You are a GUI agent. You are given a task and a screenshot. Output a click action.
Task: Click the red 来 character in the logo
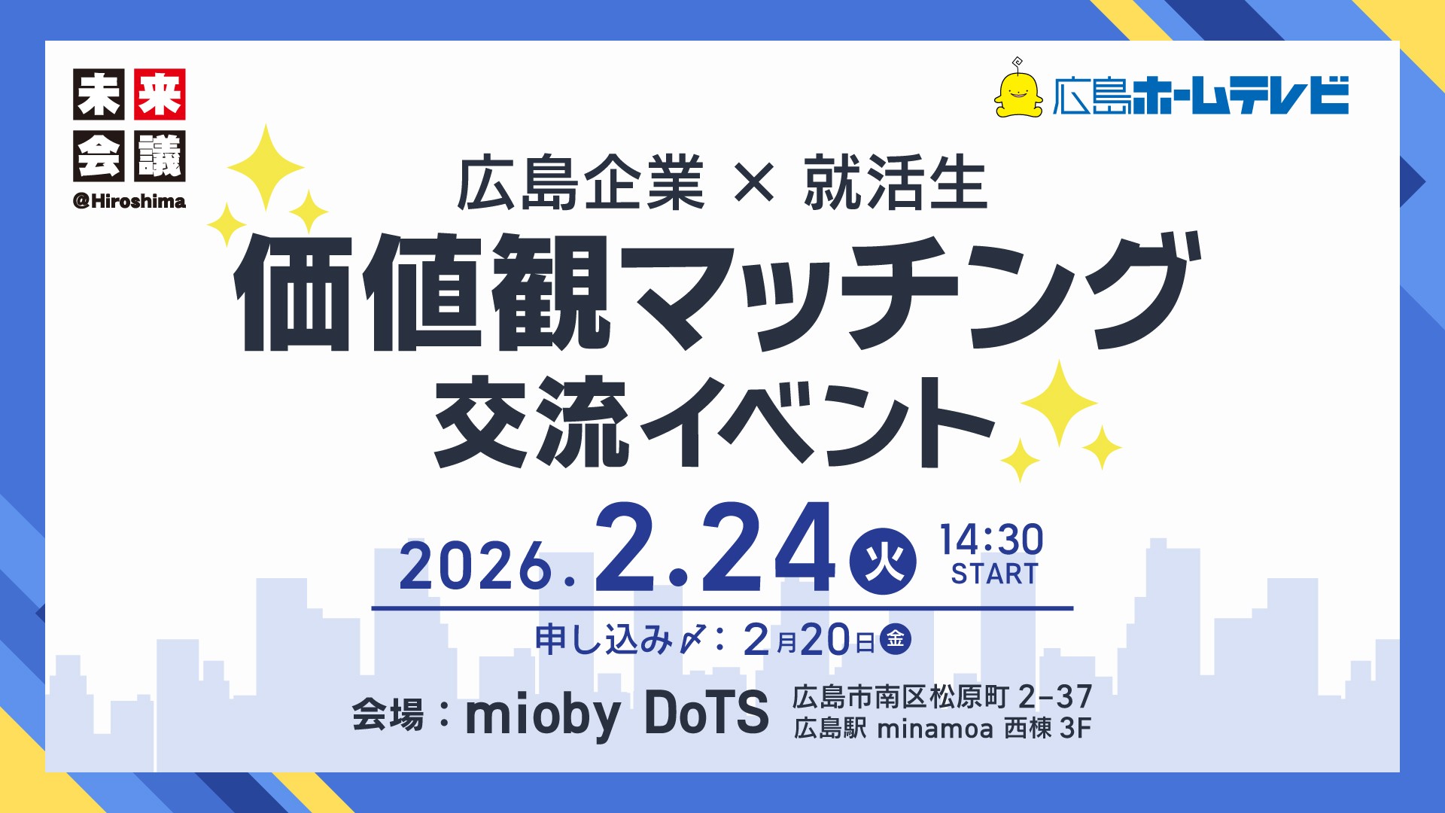tap(160, 95)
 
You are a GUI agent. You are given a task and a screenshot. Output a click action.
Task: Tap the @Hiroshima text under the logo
tap(129, 201)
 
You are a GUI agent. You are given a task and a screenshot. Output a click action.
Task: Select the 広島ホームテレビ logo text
tap(1200, 96)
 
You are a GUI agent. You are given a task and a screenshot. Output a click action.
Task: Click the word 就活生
tap(896, 183)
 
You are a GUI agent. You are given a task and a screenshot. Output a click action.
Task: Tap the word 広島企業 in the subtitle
tap(580, 183)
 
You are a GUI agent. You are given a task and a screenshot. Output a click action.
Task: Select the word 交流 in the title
tap(531, 422)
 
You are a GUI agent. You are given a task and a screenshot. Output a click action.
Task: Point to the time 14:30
tap(992, 540)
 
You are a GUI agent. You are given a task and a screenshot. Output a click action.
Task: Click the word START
tap(994, 574)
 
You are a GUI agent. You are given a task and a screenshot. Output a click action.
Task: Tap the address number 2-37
tap(1054, 697)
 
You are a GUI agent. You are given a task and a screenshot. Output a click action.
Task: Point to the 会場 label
tap(388, 714)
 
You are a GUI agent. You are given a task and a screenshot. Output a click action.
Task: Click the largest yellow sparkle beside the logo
tap(265, 167)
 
